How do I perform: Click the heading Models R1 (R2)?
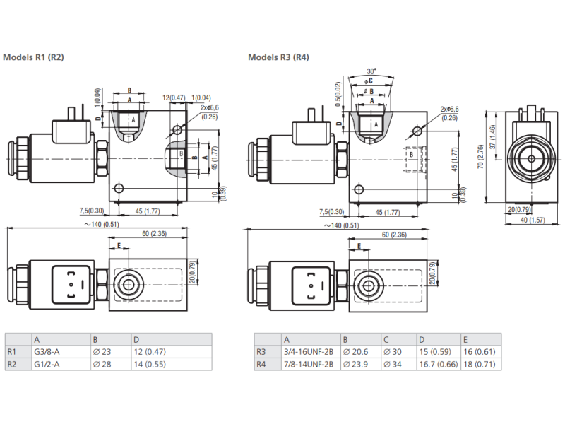[33, 57]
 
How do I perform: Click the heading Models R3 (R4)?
[278, 57]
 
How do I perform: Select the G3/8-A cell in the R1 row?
[47, 351]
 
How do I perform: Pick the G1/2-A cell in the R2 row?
[47, 364]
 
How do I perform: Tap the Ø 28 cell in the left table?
[102, 364]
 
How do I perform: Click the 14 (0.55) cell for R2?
[150, 364]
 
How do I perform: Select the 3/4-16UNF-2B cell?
[309, 351]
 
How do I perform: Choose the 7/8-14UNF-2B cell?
[309, 364]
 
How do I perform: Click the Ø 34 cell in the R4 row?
[393, 364]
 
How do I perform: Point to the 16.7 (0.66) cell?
[439, 364]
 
